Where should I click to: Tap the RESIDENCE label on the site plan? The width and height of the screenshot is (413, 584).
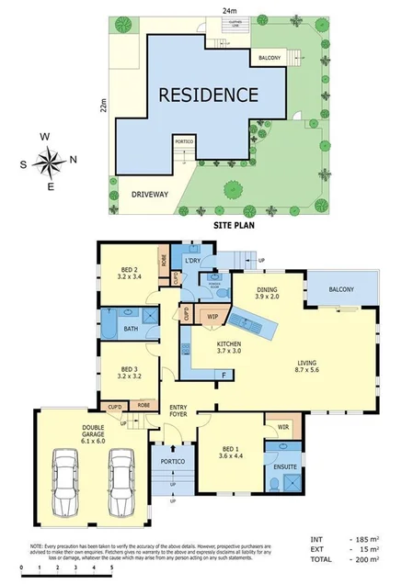(x=208, y=95)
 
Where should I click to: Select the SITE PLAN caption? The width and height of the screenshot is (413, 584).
(x=235, y=222)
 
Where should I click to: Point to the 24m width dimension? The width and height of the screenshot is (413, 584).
(x=225, y=11)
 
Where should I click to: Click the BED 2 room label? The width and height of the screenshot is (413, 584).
(x=129, y=274)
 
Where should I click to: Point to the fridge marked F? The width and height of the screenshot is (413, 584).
(x=221, y=376)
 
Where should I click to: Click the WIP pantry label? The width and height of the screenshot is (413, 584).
(x=212, y=317)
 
